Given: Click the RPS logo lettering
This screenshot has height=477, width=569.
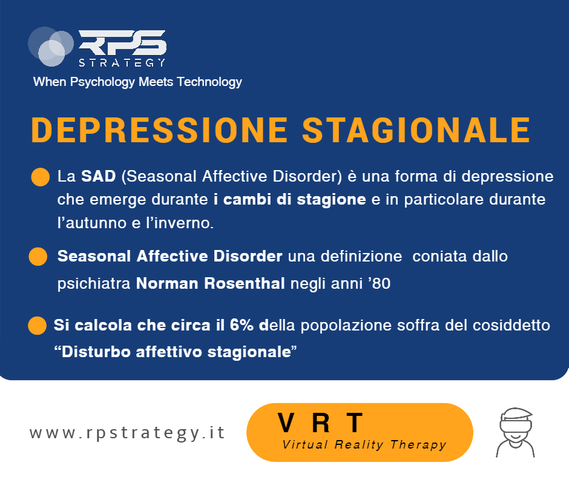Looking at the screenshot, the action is pyautogui.click(x=122, y=42).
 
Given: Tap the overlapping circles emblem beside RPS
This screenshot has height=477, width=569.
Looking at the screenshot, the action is pyautogui.click(x=51, y=47).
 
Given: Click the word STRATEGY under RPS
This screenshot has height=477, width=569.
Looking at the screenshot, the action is pyautogui.click(x=122, y=63).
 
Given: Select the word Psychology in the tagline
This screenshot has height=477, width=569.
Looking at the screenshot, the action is pyautogui.click(x=102, y=82).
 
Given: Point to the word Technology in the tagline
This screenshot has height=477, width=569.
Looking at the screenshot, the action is pyautogui.click(x=209, y=82).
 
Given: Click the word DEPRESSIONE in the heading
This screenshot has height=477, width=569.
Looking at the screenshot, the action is pyautogui.click(x=160, y=130).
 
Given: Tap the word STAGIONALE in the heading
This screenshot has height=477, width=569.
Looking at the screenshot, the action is pyautogui.click(x=416, y=130).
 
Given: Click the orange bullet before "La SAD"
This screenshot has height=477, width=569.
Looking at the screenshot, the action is pyautogui.click(x=41, y=177).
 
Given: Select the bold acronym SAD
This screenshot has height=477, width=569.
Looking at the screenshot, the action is pyautogui.click(x=98, y=176).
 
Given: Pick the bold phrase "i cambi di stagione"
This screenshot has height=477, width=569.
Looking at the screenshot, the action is pyautogui.click(x=289, y=200).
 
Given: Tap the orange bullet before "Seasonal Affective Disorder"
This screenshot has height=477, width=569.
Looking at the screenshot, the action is pyautogui.click(x=38, y=257).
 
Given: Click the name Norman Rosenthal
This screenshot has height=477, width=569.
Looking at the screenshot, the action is pyautogui.click(x=210, y=283).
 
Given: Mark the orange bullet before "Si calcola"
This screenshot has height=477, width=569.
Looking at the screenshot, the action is pyautogui.click(x=38, y=325).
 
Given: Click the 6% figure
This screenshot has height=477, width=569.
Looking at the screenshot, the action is pyautogui.click(x=242, y=325).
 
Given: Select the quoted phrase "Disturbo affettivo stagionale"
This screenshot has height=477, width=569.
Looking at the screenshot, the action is pyautogui.click(x=176, y=352).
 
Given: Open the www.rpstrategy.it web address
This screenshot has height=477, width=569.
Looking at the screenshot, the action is pyautogui.click(x=127, y=433).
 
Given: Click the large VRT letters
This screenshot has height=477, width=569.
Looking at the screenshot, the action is pyautogui.click(x=320, y=423).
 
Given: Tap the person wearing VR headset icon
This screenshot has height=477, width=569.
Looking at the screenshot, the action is pyautogui.click(x=515, y=433).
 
